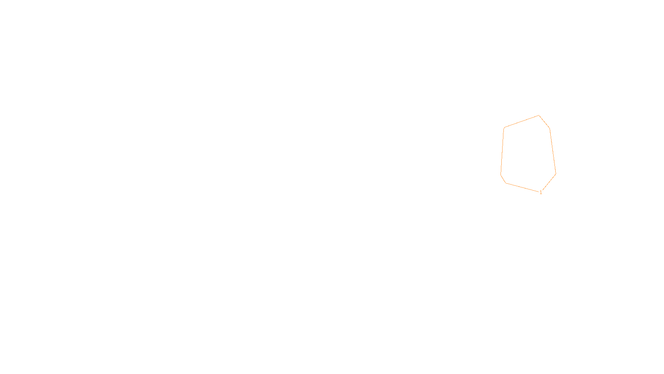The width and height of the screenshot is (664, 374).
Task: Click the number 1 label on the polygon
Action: pos(541,192)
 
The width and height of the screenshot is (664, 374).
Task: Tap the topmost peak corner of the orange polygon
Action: pos(539,116)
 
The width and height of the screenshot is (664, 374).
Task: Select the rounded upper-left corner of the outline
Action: pos(504,128)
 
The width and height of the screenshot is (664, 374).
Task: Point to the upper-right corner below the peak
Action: pos(549,128)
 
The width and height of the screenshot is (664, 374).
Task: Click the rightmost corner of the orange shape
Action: pos(556,174)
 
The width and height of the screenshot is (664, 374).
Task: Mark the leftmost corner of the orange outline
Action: pos(500,175)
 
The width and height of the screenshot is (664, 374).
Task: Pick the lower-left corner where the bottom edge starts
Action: pos(506,183)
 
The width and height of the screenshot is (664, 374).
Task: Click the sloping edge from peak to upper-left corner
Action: pos(521,121)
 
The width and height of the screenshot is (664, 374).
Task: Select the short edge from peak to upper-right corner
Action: pos(544,122)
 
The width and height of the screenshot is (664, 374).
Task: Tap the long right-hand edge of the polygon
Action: pos(553,151)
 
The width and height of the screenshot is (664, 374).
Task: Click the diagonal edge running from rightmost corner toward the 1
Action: pos(549,182)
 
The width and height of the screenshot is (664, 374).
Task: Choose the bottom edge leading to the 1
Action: pos(522,187)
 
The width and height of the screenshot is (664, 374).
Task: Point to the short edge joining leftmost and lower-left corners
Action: pos(503,179)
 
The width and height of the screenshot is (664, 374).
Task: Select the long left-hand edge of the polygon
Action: pos(502,151)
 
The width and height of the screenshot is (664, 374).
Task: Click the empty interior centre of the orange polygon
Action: pos(528,153)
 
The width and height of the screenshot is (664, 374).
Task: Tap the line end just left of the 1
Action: pos(538,192)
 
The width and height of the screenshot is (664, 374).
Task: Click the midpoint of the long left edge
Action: pos(502,151)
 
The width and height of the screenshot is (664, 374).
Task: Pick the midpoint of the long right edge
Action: pos(553,151)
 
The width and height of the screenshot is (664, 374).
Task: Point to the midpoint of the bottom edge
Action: pos(522,187)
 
